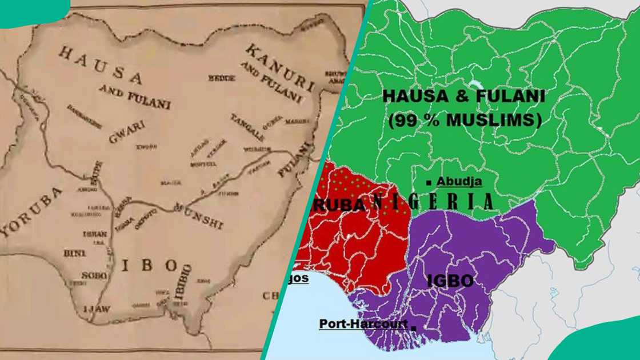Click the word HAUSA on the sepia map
pyautogui.click(x=101, y=65)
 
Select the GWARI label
pyautogui.click(x=126, y=131)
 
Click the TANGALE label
pyautogui.click(x=247, y=127)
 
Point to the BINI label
pyautogui.click(x=75, y=253)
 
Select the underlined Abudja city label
pyautogui.click(x=459, y=182)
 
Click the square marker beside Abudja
pyautogui.click(x=429, y=183)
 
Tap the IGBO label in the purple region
pyautogui.click(x=450, y=281)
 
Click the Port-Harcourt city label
pyautogui.click(x=363, y=324)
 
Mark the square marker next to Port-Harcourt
pyautogui.click(x=413, y=326)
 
